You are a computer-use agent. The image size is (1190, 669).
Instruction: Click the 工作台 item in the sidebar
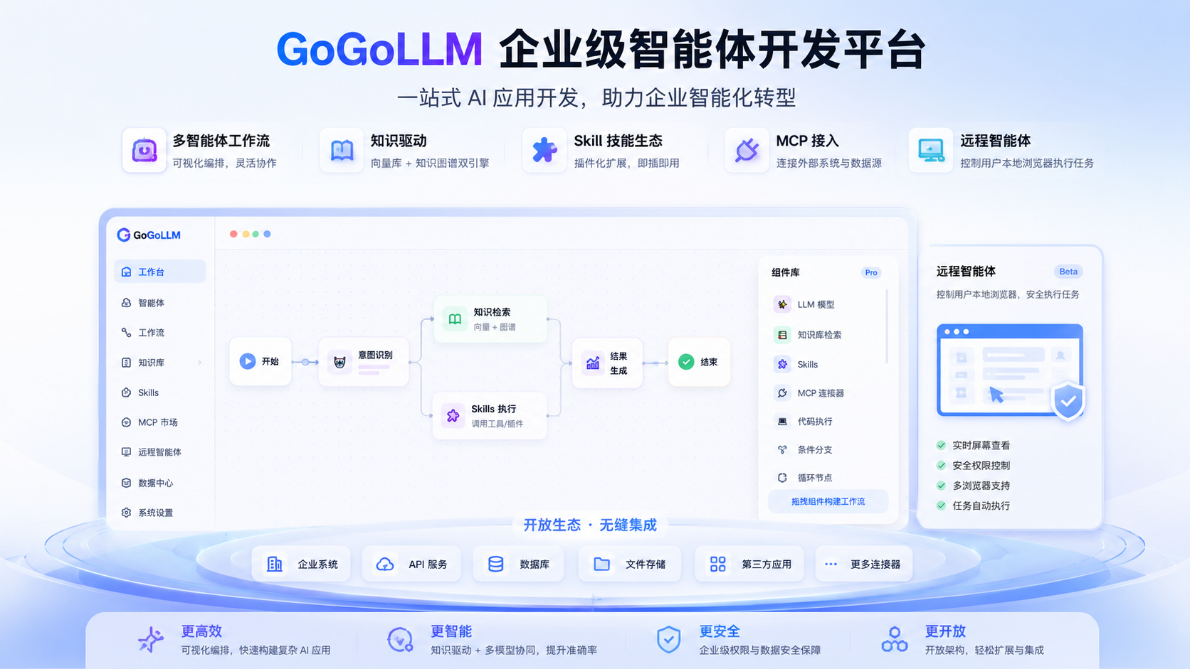point(160,272)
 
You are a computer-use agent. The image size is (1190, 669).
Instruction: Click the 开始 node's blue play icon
point(247,361)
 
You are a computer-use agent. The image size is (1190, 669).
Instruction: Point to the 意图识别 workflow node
point(364,361)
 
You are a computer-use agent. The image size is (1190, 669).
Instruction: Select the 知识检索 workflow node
point(490,319)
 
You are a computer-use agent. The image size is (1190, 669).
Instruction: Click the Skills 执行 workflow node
point(490,415)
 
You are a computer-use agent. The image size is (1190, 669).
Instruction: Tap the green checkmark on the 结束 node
point(686,362)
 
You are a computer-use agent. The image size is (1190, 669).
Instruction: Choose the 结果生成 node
point(607,363)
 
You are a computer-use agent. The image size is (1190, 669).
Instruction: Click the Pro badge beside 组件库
point(870,273)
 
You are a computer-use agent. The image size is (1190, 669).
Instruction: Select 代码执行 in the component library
point(804,422)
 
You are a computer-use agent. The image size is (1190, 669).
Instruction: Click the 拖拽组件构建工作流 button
point(828,501)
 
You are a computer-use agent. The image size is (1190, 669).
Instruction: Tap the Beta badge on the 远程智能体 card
point(1068,272)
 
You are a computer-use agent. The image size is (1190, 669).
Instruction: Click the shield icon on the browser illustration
point(1068,400)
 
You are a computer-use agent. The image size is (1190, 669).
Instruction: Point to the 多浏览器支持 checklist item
point(973,486)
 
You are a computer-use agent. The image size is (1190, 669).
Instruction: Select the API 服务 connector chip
point(411,564)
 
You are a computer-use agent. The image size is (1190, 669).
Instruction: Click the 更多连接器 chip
point(864,564)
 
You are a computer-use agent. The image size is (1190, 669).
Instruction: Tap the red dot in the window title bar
point(233,234)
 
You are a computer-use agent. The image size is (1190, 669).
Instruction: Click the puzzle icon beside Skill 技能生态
point(544,150)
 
